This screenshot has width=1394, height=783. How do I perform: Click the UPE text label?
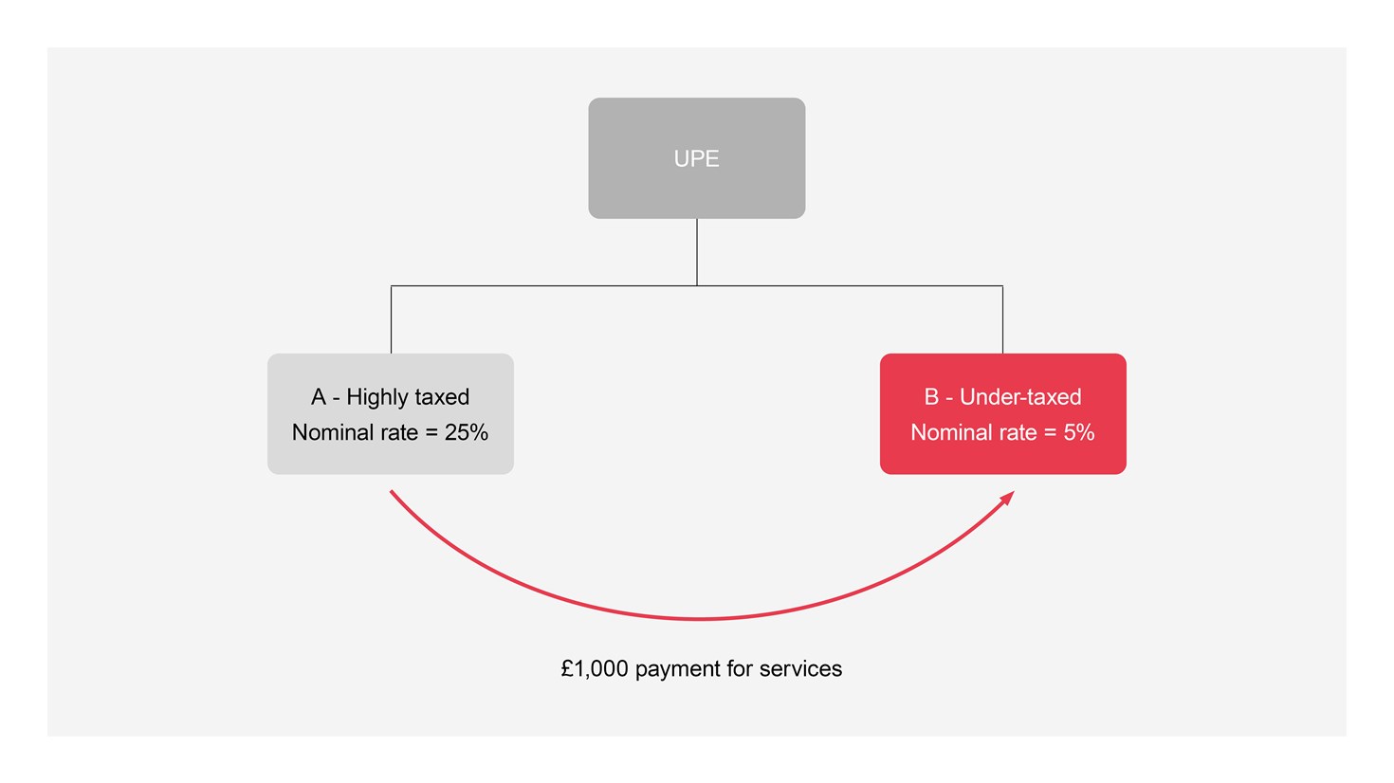pos(696,159)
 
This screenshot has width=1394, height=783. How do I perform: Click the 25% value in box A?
pos(467,433)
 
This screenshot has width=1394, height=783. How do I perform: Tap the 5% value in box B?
pos(1079,433)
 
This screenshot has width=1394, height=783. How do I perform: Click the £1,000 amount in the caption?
pos(595,669)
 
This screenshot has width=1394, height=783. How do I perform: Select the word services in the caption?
pos(800,669)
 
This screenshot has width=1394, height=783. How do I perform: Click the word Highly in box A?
pos(373,397)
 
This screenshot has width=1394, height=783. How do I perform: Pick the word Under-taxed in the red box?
pos(1020,397)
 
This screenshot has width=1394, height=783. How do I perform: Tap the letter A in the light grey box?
pos(319,397)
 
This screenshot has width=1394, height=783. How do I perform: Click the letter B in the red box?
pos(931,397)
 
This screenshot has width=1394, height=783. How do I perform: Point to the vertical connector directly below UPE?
pos(697,252)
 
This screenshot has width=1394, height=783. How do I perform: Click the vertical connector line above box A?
pos(391,320)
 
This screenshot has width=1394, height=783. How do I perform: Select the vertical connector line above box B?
pos(1002,320)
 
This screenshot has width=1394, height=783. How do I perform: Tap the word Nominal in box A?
pos(329,433)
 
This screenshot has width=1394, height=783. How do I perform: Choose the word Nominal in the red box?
pos(947,433)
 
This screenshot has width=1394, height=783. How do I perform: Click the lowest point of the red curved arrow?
pos(699,619)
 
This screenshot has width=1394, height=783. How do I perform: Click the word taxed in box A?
pos(438,397)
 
